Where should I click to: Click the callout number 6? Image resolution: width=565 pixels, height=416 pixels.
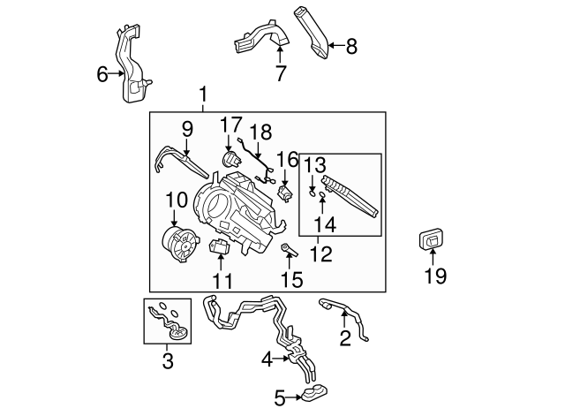(x=102, y=74)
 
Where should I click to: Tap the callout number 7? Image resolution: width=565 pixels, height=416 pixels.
(x=280, y=74)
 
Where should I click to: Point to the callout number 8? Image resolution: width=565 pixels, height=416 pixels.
(x=351, y=46)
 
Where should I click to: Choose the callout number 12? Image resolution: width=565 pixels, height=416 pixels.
(x=321, y=256)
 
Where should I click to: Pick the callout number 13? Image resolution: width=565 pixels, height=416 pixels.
(x=315, y=165)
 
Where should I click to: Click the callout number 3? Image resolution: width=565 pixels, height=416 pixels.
(x=168, y=359)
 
